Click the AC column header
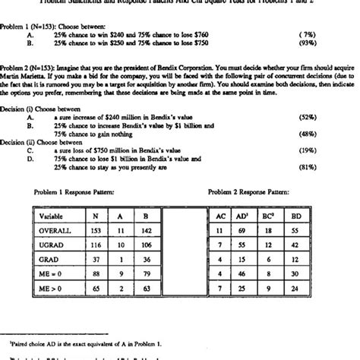tap(219, 216)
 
